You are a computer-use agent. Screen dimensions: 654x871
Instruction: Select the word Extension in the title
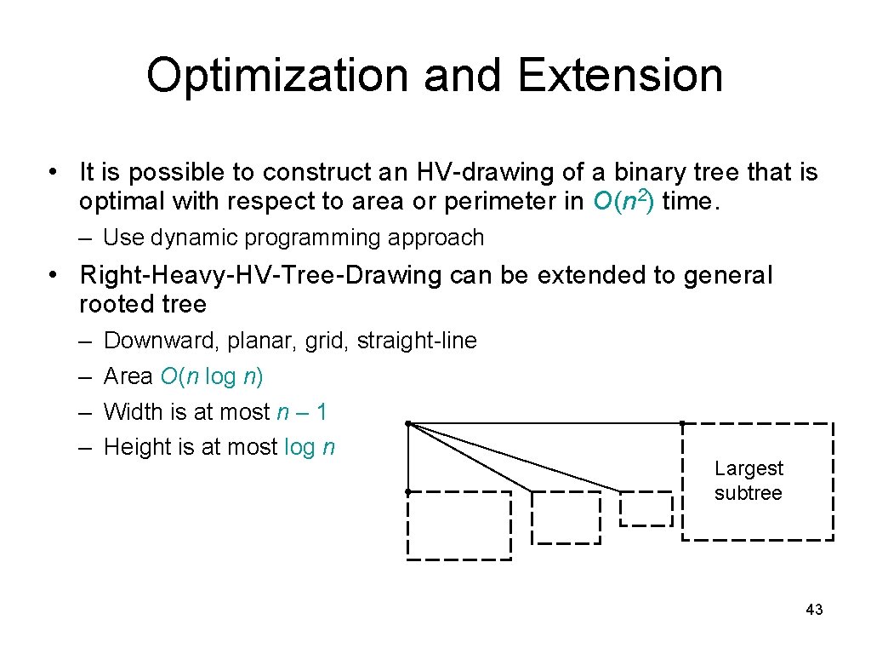tap(620, 75)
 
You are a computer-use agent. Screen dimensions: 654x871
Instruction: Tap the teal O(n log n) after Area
tap(211, 376)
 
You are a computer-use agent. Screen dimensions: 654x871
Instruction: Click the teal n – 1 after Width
tap(302, 412)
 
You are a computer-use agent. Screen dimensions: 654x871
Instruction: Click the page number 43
tap(813, 610)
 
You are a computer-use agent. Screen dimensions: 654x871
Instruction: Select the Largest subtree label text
tap(749, 480)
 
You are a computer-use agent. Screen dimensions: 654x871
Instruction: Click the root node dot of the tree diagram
tap(408, 423)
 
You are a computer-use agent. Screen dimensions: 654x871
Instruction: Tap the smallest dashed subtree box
tap(646, 508)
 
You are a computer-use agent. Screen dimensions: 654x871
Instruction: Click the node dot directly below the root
tap(408, 491)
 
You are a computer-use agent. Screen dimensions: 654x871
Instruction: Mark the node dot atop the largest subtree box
tap(682, 423)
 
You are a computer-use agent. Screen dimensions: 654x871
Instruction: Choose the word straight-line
tap(417, 341)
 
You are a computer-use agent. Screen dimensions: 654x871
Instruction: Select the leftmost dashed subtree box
tap(459, 525)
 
